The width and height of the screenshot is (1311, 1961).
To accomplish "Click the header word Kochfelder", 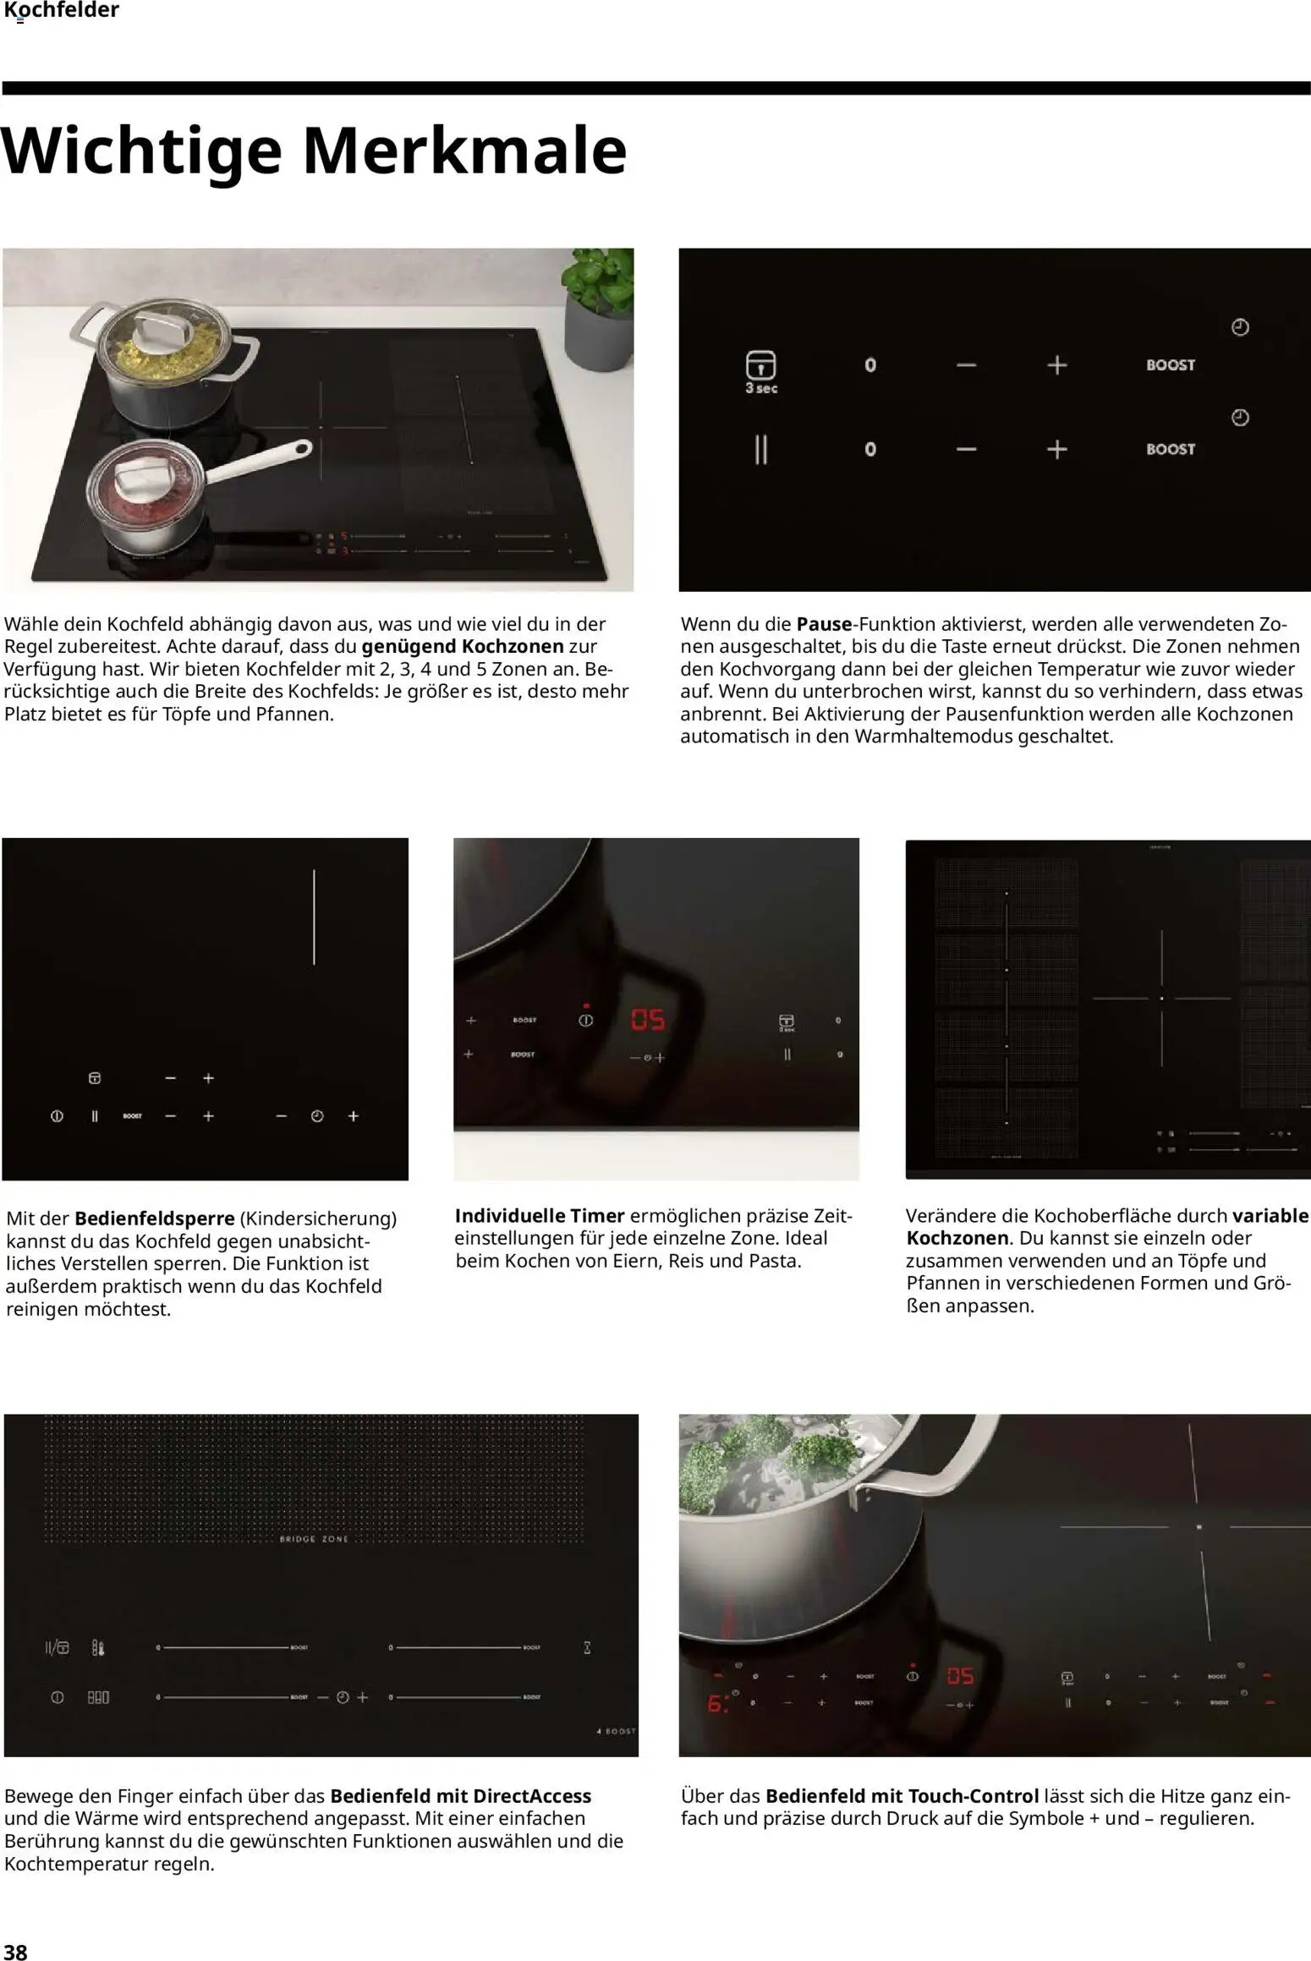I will tap(62, 11).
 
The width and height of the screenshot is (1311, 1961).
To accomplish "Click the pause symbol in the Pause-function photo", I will tap(760, 450).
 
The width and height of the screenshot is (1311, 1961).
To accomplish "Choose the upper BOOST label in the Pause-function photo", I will tap(1170, 365).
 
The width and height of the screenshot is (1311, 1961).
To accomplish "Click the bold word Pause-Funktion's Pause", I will tap(824, 624).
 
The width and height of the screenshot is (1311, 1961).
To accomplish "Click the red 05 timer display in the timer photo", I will tap(648, 1020).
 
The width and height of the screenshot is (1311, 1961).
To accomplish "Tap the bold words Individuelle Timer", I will tap(539, 1215).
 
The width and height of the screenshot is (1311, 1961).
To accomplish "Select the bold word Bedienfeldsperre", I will tap(154, 1219).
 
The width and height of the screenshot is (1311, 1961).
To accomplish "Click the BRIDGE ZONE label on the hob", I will tap(314, 1539).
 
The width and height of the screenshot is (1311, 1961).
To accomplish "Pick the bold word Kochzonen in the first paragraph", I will tap(513, 646).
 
